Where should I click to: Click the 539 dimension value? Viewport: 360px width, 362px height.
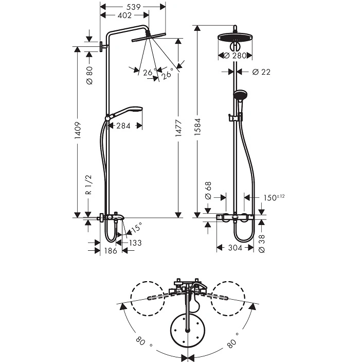pyautogui.click(x=134, y=7)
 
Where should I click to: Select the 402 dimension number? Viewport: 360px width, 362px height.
pyautogui.click(x=124, y=15)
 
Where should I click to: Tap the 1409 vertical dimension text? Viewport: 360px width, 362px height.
pyautogui.click(x=78, y=130)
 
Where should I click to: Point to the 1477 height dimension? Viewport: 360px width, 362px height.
pyautogui.click(x=178, y=128)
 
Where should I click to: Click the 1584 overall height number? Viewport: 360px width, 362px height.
pyautogui.click(x=197, y=127)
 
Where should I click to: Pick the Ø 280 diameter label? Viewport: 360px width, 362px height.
pyautogui.click(x=235, y=56)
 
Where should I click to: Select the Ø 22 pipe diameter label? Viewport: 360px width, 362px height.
pyautogui.click(x=261, y=72)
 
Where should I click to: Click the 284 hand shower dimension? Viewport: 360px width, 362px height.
pyautogui.click(x=123, y=126)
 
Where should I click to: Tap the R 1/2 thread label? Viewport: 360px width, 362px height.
pyautogui.click(x=89, y=184)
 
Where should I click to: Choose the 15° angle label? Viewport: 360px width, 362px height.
pyautogui.click(x=136, y=228)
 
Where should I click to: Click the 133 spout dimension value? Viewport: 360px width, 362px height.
pyautogui.click(x=135, y=243)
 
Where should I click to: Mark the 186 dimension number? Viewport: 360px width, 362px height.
pyautogui.click(x=111, y=251)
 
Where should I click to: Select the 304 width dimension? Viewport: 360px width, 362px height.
pyautogui.click(x=235, y=248)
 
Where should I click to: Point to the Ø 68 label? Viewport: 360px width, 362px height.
pyautogui.click(x=208, y=191)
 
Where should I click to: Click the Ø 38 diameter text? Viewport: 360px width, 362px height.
pyautogui.click(x=262, y=244)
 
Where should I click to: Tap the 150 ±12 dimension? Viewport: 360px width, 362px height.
pyautogui.click(x=274, y=198)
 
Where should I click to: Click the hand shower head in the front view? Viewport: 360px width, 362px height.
pyautogui.click(x=240, y=94)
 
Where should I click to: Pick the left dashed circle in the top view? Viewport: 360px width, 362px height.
pyautogui.click(x=148, y=299)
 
